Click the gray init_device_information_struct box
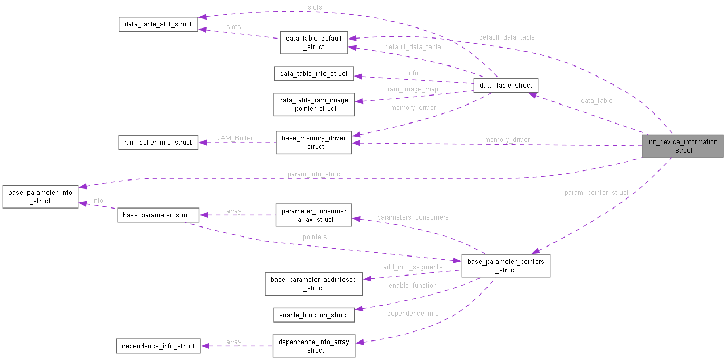[682, 146]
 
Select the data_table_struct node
[505, 86]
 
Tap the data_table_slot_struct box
[158, 24]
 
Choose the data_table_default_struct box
[314, 42]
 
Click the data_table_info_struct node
[313, 74]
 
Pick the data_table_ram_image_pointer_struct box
[313, 105]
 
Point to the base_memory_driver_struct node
[313, 143]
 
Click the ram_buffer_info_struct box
[158, 143]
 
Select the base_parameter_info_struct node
[40, 196]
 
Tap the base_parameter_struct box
[158, 215]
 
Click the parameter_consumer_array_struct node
[314, 215]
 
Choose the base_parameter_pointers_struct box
[505, 266]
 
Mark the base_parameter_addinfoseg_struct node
[313, 283]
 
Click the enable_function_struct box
[313, 315]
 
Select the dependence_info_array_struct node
[313, 346]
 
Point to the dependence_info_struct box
[158, 346]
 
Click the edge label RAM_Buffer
[234, 138]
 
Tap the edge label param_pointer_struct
[596, 193]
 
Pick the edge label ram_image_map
[413, 89]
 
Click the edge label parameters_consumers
[413, 217]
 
